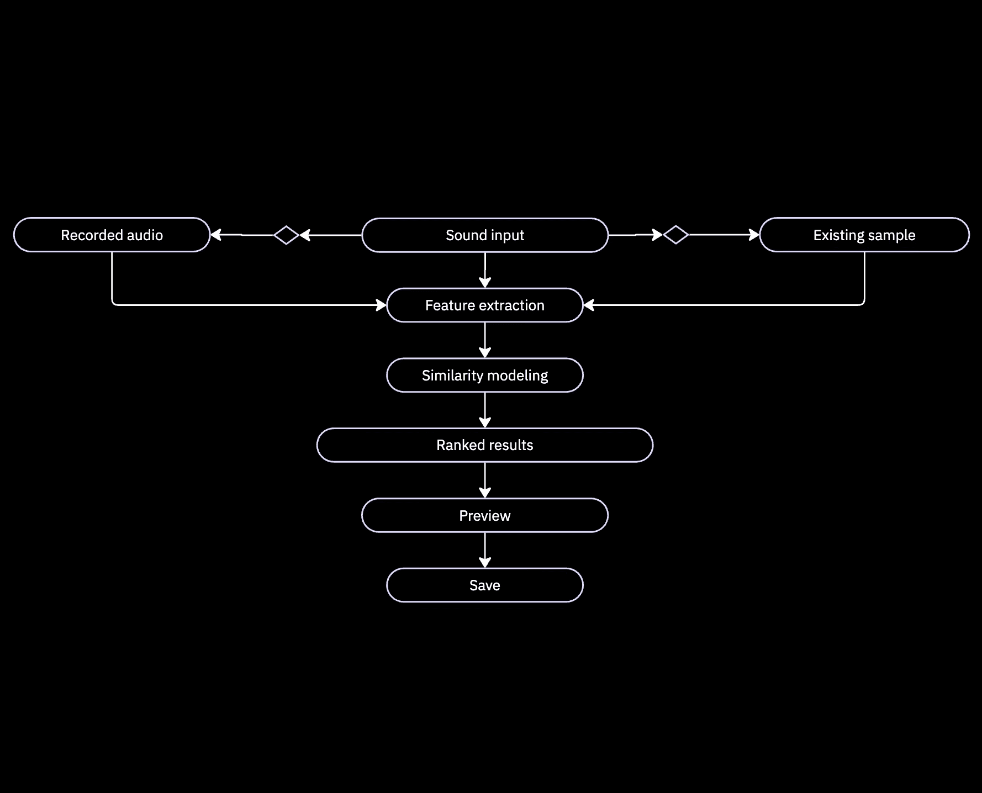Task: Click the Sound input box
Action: [x=485, y=235]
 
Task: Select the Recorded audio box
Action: [x=112, y=235]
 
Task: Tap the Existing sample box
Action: [x=864, y=235]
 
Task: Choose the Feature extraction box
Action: [x=485, y=305]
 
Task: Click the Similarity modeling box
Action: [x=485, y=376]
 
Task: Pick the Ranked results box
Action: [x=485, y=445]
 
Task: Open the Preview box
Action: [x=485, y=516]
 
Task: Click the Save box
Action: [x=485, y=585]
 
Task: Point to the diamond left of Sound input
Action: [x=286, y=235]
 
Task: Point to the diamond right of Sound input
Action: [x=675, y=235]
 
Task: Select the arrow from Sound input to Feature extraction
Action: [x=485, y=270]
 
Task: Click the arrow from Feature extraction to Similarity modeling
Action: [x=485, y=340]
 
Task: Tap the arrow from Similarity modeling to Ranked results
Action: [x=485, y=410]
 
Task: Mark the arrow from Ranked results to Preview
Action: [x=485, y=480]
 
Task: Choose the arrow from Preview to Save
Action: [x=485, y=551]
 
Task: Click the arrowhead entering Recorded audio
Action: [x=216, y=235]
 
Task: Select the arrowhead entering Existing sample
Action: [x=754, y=235]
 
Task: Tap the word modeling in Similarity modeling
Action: [x=518, y=376]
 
